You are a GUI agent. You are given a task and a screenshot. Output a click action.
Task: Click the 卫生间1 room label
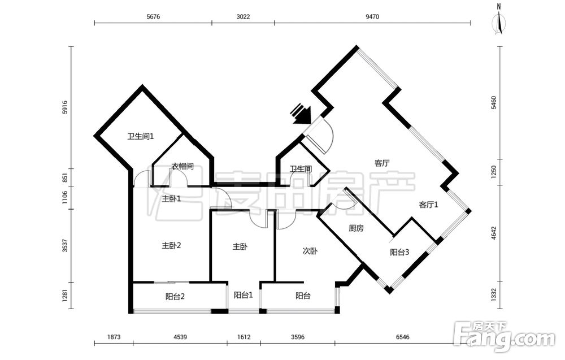141,137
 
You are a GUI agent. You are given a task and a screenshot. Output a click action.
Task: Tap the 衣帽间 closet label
182,166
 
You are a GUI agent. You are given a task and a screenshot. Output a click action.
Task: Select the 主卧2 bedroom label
171,246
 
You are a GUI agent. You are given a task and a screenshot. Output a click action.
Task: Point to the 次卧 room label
310,251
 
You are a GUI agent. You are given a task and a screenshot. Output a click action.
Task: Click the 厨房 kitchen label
356,228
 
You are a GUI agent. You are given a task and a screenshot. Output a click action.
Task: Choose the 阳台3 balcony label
399,252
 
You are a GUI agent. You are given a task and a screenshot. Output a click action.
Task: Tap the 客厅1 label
429,205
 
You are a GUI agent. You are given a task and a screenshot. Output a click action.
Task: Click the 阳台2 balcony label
176,297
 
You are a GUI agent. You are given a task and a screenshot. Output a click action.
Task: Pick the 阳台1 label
244,295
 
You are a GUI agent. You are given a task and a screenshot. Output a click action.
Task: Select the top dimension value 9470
372,16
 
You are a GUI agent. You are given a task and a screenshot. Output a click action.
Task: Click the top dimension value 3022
243,16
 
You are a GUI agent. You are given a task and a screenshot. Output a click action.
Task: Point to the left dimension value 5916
65,107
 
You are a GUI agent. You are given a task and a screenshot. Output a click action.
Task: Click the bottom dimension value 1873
114,337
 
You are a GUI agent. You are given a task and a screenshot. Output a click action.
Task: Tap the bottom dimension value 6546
402,337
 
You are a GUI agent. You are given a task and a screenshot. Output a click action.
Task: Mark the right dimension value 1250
494,172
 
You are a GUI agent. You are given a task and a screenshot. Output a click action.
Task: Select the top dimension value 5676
153,16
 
